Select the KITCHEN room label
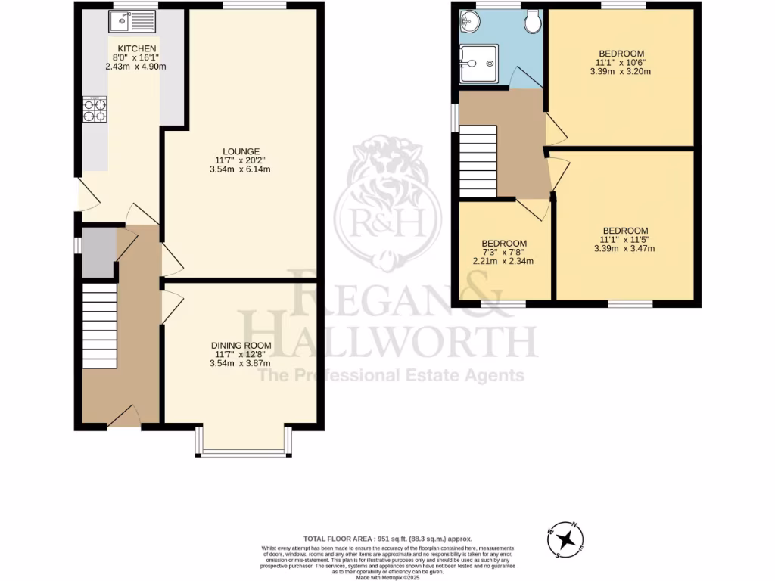pos(136,48)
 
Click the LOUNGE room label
pos(241,151)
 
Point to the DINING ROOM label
pos(241,346)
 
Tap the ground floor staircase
pos(99,325)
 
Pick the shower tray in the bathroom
pos(479,61)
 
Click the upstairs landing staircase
pos(477,161)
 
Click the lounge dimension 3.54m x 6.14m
pos(241,169)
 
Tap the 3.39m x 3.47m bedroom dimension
pos(625,249)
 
